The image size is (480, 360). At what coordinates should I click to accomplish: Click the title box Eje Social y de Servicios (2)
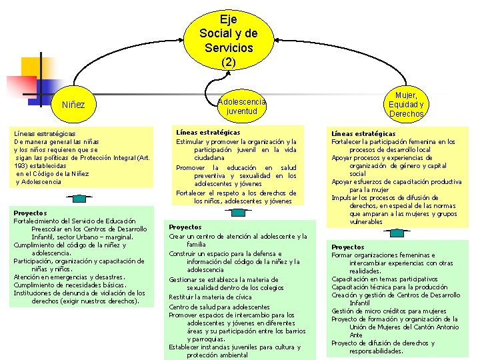click(228, 41)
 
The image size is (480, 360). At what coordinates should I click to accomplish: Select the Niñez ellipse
click(73, 105)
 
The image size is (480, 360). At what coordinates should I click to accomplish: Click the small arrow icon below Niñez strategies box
click(79, 198)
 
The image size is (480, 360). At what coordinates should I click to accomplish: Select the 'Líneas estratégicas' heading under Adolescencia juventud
click(208, 132)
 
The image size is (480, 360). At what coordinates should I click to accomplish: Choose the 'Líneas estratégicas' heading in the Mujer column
click(363, 133)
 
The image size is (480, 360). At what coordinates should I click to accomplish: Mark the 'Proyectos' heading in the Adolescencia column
click(185, 227)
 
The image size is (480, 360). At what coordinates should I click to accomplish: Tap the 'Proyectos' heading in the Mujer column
click(348, 247)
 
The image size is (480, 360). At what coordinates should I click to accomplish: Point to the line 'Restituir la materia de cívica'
click(210, 297)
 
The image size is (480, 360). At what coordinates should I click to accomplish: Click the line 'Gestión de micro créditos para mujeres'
click(389, 311)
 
